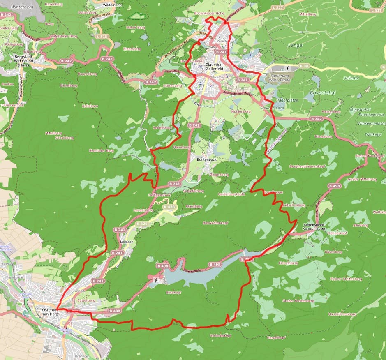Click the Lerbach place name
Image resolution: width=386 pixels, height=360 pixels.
127,242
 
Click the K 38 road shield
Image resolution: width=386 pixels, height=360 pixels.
304,66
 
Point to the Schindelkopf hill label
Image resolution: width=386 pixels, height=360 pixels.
221,335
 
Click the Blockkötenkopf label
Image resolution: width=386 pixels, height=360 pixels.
215,223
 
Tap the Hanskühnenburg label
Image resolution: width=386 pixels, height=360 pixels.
342,314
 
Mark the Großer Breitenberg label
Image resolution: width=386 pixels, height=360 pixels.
298,301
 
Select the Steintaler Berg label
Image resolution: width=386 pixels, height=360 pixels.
101,151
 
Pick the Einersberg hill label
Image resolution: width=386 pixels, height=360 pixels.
132,48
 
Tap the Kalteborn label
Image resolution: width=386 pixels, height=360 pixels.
90,106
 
